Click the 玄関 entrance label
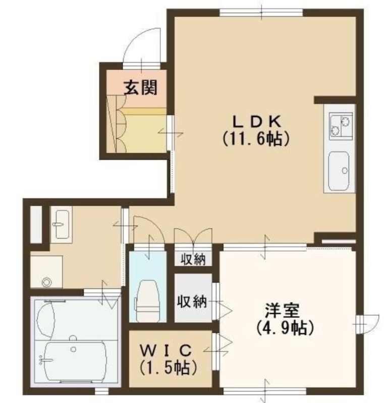pyautogui.click(x=141, y=89)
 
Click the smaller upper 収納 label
pyautogui.click(x=193, y=260)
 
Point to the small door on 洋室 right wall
pyautogui.click(x=369, y=321)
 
